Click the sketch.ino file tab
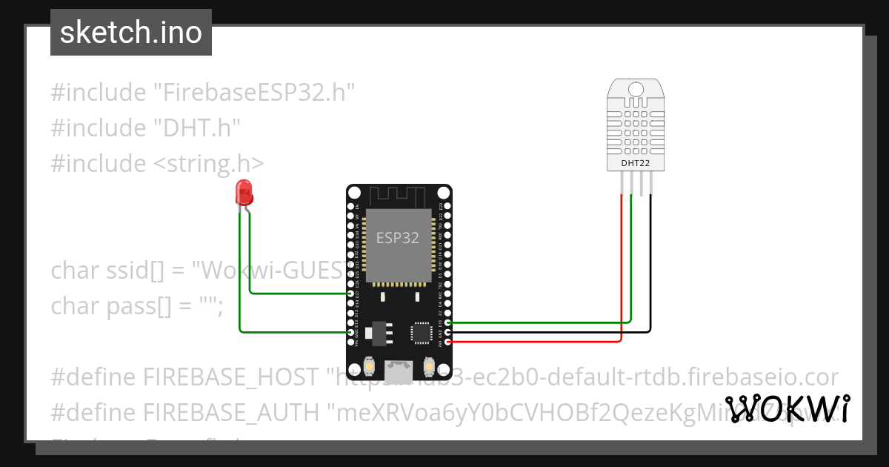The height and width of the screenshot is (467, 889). tap(131, 33)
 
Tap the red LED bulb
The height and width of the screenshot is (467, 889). tap(243, 192)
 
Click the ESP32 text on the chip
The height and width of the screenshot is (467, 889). tap(398, 238)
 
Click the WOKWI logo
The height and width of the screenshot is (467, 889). tap(787, 408)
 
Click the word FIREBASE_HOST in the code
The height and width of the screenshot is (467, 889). tap(230, 377)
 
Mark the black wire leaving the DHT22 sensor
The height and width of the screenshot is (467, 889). tap(650, 259)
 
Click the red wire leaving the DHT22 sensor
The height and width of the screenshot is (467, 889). tap(621, 259)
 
